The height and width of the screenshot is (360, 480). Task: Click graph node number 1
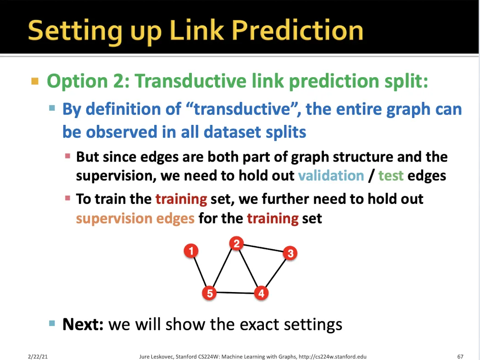click(x=191, y=251)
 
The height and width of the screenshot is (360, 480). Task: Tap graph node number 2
click(x=236, y=243)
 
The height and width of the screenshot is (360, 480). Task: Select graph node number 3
click(x=290, y=253)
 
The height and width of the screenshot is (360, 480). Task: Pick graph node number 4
click(x=261, y=293)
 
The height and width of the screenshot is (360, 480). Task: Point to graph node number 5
click(x=209, y=293)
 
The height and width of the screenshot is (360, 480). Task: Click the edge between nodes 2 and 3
click(x=263, y=248)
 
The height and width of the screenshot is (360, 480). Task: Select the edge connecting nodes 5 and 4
click(x=235, y=293)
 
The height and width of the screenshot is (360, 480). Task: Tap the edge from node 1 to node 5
click(x=200, y=272)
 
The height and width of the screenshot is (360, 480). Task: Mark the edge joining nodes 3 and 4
click(x=275, y=273)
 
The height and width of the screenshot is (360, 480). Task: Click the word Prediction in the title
click(x=297, y=31)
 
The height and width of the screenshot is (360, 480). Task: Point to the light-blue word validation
click(x=331, y=175)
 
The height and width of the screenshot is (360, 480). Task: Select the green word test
click(x=391, y=176)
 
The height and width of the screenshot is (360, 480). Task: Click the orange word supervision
click(x=114, y=219)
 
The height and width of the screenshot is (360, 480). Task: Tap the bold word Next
click(x=83, y=324)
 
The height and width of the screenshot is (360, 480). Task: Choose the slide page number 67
click(x=460, y=357)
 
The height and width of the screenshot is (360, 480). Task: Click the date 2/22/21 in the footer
click(x=38, y=357)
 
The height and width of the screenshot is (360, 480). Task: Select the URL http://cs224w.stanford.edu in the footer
click(x=332, y=357)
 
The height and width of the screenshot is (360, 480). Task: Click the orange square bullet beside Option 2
click(x=35, y=81)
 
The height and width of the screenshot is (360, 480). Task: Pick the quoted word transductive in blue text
click(x=242, y=109)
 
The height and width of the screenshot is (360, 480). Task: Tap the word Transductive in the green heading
click(x=190, y=81)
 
